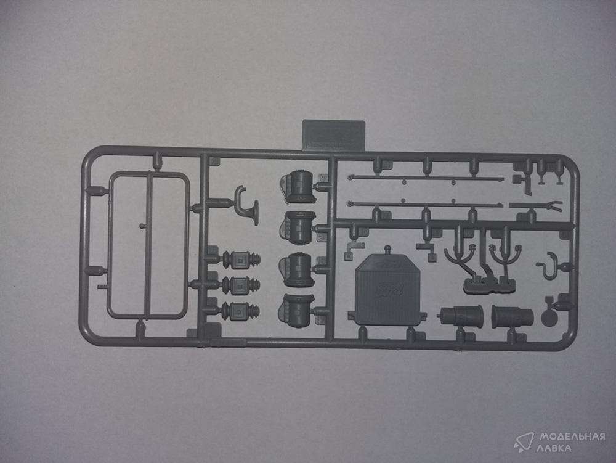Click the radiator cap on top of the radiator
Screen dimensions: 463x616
click(x=387, y=250)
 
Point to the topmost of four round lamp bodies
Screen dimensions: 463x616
click(x=301, y=187)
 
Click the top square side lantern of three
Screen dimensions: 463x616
click(x=240, y=260)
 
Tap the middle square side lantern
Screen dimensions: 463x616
click(x=240, y=285)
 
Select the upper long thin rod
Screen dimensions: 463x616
click(x=425, y=178)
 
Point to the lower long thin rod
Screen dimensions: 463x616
click(x=425, y=203)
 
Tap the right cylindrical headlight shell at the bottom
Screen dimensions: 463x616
click(x=511, y=316)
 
